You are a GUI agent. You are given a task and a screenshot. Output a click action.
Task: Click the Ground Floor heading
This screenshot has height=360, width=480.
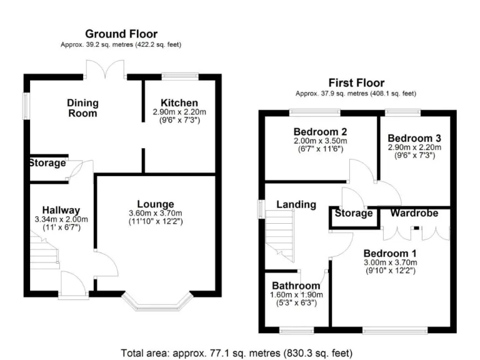[x=121, y=34]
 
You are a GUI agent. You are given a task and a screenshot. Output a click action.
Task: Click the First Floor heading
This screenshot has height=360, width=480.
[x=356, y=82]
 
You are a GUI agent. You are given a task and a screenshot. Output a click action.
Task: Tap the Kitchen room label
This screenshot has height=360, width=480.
[x=179, y=102]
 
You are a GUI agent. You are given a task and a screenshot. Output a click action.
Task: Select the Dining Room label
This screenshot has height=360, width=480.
[x=82, y=108]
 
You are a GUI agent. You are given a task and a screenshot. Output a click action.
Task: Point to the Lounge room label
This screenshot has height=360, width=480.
[x=156, y=204]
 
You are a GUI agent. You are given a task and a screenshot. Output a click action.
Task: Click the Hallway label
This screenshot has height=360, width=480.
[x=61, y=210]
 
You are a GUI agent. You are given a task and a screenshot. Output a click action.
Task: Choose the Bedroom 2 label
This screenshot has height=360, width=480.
[x=321, y=132]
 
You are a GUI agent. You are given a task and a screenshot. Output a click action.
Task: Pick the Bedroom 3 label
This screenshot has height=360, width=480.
[x=414, y=138]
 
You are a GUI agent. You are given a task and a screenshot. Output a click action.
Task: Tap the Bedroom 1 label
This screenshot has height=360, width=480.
[x=391, y=253]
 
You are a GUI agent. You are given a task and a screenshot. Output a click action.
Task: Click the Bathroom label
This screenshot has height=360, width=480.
[x=297, y=286]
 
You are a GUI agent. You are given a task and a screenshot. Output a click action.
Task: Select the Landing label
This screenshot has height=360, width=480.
[x=296, y=204]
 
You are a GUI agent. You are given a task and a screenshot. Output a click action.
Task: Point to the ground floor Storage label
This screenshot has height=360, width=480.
[x=47, y=163]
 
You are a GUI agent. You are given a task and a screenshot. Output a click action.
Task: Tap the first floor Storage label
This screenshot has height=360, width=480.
[x=354, y=213]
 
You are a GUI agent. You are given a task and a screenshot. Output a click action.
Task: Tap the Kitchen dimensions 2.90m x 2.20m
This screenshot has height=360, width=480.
[x=179, y=111]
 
